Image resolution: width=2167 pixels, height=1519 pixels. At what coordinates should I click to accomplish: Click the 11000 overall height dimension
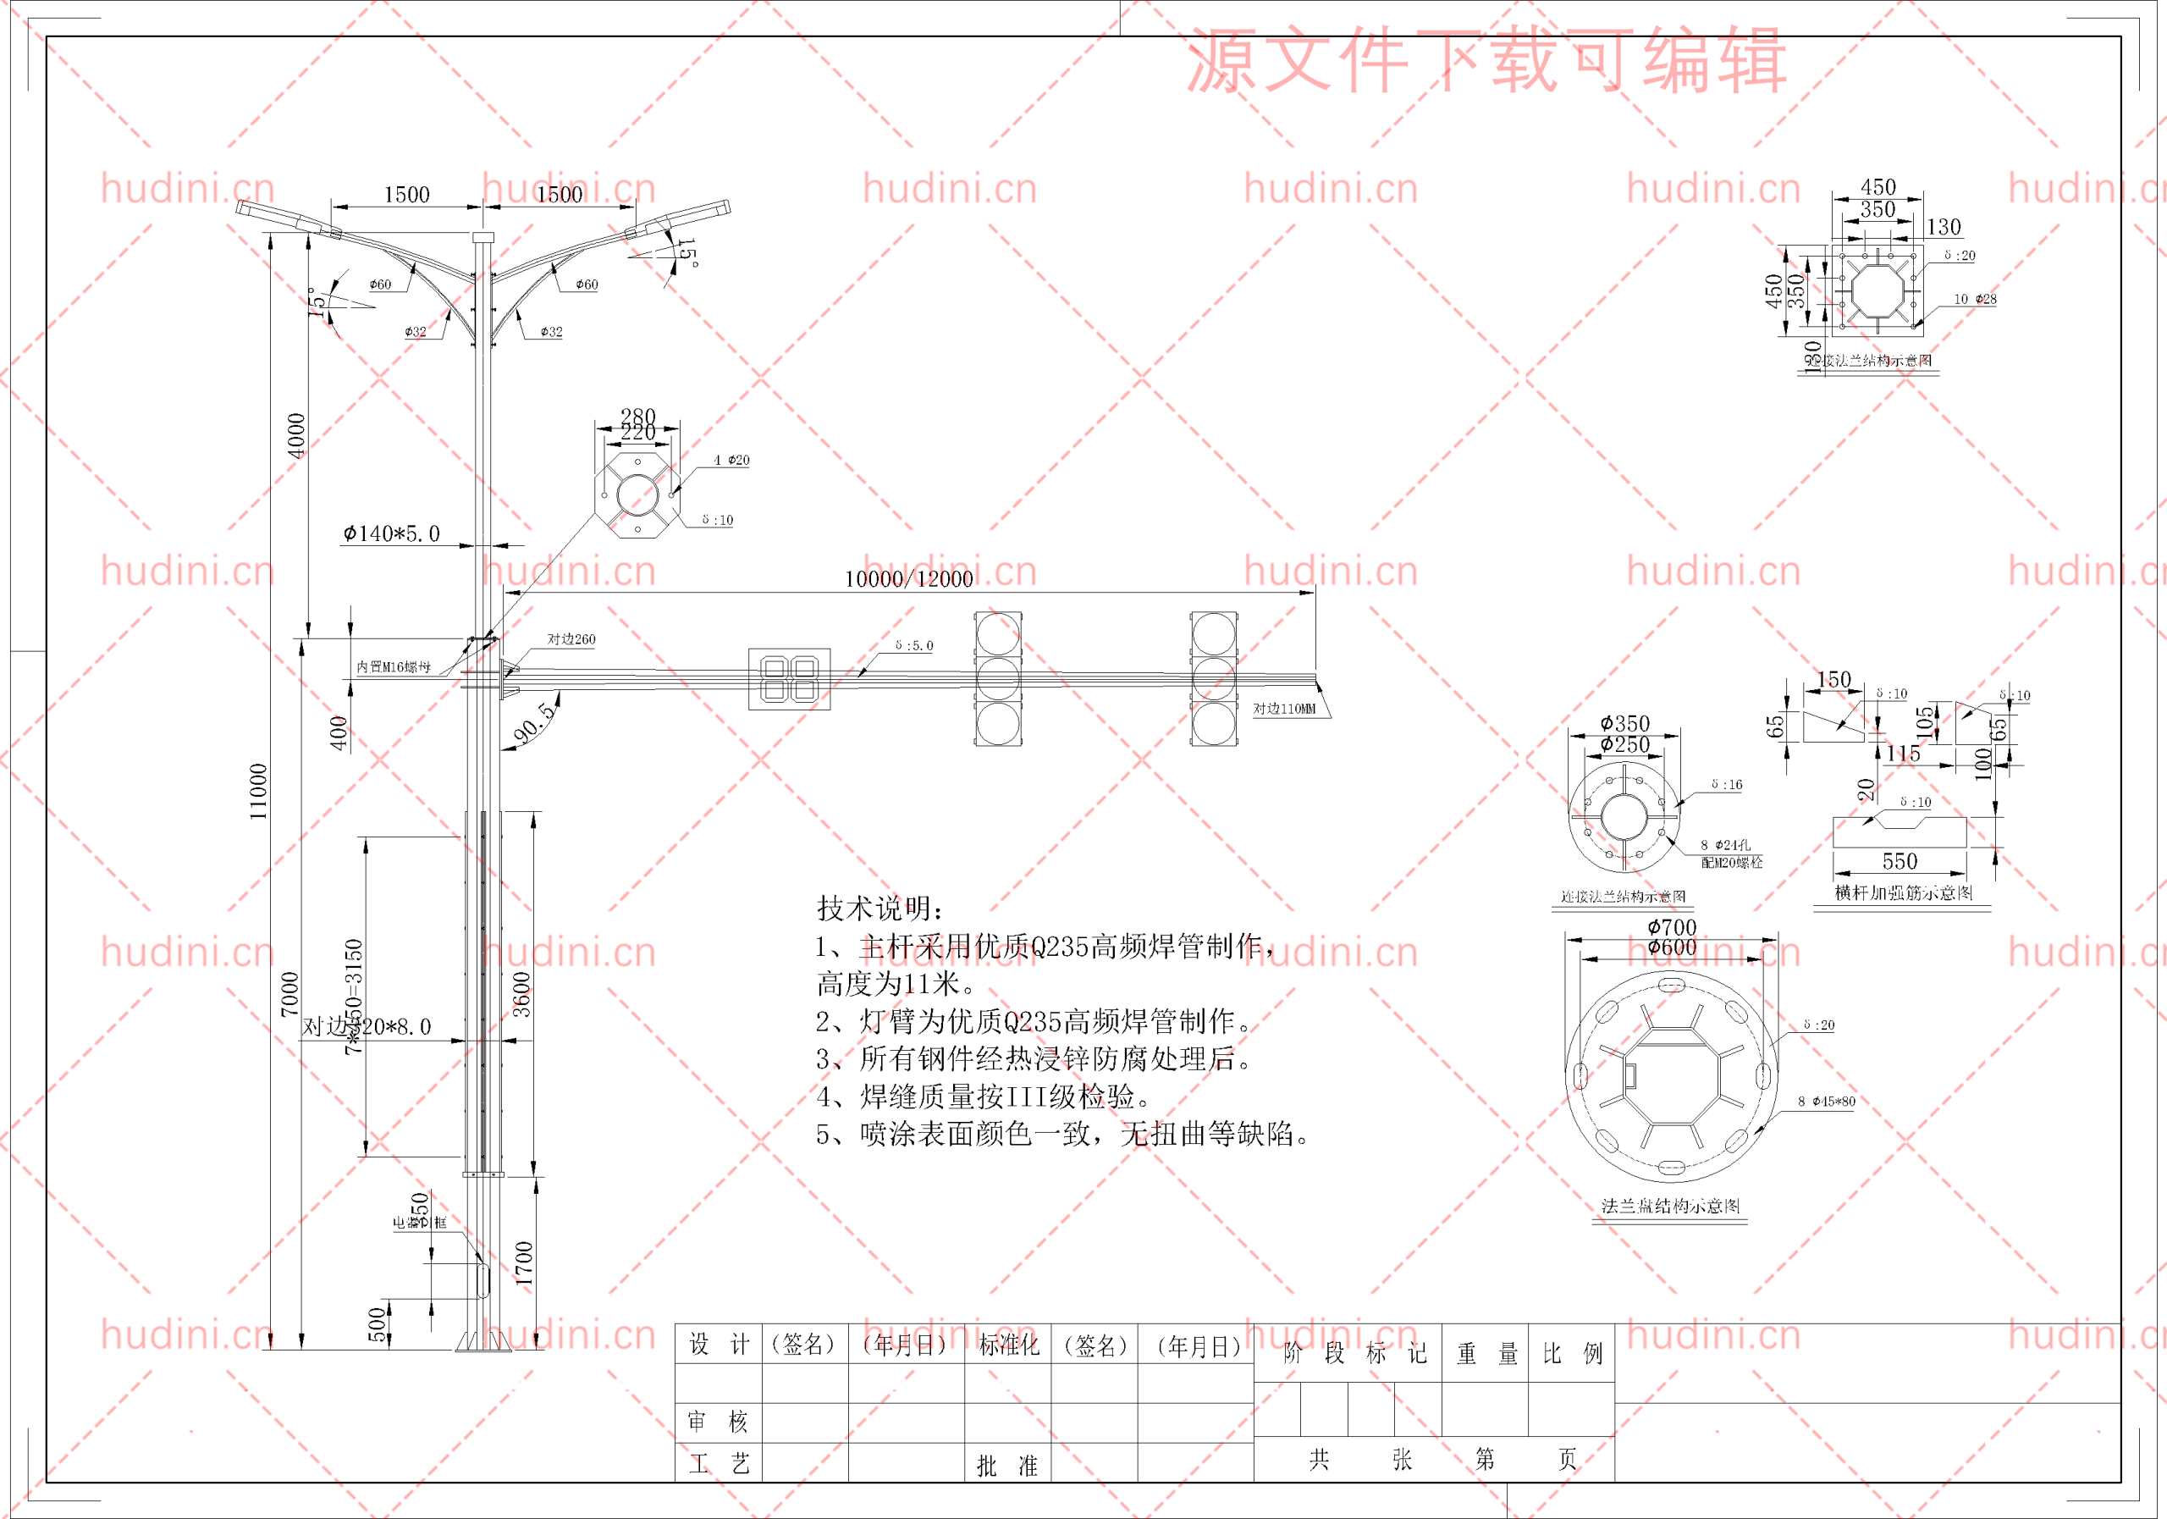click(257, 791)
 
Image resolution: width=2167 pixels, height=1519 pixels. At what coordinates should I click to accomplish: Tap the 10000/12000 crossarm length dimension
click(908, 578)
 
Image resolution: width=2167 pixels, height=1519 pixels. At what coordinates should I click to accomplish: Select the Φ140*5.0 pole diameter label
click(392, 533)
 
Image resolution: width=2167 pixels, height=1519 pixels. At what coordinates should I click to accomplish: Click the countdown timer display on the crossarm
click(789, 678)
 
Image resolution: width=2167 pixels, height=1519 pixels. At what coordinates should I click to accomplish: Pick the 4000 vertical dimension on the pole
click(296, 435)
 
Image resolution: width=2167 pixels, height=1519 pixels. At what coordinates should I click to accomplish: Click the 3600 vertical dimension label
click(521, 994)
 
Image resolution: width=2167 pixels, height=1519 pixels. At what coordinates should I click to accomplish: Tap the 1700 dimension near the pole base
click(524, 1263)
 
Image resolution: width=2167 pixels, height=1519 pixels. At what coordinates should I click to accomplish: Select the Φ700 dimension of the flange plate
click(1672, 927)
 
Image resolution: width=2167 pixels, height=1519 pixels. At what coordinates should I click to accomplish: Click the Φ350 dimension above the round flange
click(1624, 723)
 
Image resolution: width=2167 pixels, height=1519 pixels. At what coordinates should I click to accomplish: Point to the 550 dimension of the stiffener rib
click(1899, 861)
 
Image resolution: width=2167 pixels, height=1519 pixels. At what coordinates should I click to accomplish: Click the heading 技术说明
click(879, 909)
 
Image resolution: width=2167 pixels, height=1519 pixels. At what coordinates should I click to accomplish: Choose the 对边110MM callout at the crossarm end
click(1283, 709)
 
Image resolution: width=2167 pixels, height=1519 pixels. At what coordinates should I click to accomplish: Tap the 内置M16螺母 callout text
click(394, 667)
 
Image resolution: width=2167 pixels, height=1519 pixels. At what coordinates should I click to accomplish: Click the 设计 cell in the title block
click(719, 1345)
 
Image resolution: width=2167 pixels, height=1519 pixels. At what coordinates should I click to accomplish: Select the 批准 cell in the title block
click(1007, 1465)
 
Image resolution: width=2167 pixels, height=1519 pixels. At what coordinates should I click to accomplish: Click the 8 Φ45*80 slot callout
click(1825, 1102)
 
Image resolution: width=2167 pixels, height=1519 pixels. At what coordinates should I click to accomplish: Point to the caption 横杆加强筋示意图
click(1903, 893)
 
